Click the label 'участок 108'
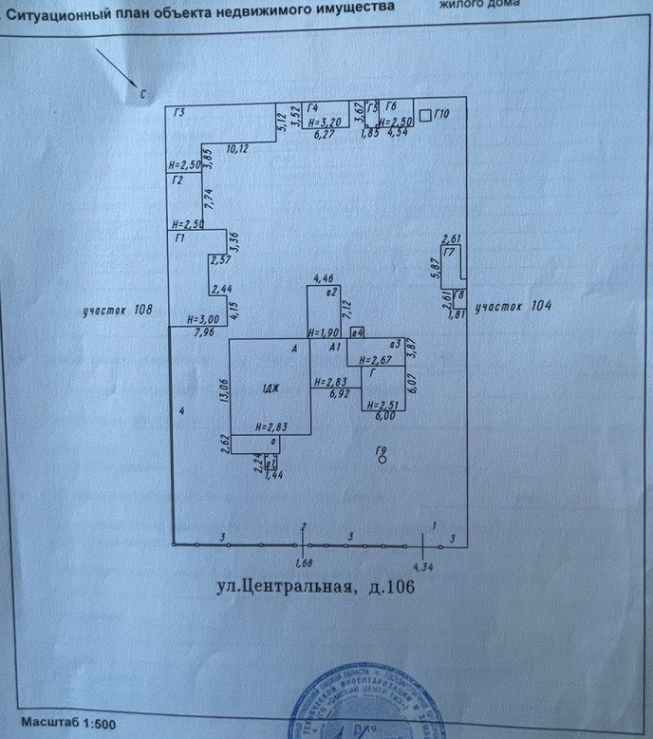[118, 310]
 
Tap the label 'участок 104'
[513, 306]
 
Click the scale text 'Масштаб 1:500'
[68, 725]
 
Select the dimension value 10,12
[237, 149]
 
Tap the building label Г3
[179, 114]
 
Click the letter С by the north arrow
[141, 94]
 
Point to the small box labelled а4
[357, 332]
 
